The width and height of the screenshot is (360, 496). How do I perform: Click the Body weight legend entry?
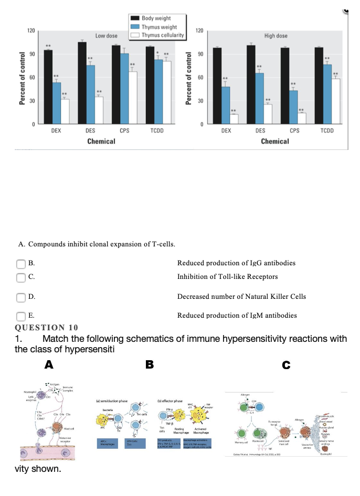pos(156,18)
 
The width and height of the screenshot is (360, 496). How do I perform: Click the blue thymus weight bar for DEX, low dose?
pos(57,103)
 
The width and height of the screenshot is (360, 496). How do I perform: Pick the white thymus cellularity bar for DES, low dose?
pos(99,110)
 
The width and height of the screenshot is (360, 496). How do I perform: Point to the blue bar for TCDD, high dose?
pos(327,94)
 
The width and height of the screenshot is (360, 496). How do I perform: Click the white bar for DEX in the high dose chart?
pos(234,118)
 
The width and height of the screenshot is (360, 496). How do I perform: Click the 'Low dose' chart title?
pos(107,36)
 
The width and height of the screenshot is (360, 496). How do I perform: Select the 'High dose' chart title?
pos(276,36)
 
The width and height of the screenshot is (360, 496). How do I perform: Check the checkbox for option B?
pos(22,263)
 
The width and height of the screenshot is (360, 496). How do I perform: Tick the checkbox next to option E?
pos(22,316)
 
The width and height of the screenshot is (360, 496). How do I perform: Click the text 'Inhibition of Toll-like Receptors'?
pos(227,276)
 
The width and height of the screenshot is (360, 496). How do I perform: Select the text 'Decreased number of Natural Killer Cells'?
pos(241,296)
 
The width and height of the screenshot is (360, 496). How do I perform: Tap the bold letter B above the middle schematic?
pos(150,364)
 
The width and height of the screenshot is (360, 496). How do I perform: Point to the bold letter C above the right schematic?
pos(286,364)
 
